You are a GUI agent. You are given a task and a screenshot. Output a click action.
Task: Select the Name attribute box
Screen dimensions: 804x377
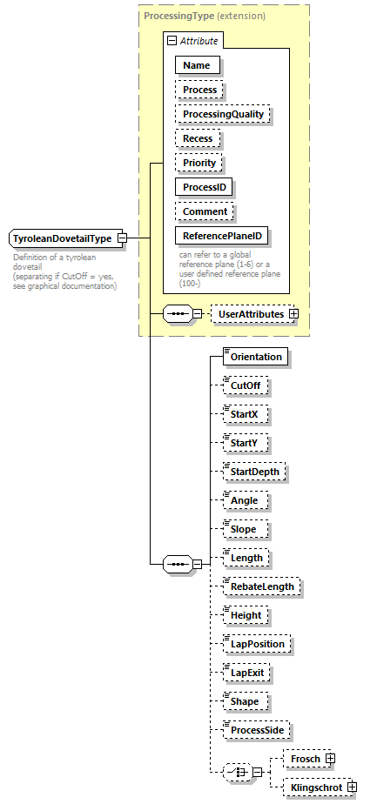coord(197,64)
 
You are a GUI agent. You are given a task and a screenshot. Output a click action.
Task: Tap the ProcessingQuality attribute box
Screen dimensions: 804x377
coord(223,114)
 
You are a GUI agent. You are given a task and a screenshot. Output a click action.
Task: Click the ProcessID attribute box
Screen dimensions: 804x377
coord(205,187)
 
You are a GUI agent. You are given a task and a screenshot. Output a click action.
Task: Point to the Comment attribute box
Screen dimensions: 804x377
coord(205,211)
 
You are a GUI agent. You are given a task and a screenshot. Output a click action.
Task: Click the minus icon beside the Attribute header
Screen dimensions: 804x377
coord(172,40)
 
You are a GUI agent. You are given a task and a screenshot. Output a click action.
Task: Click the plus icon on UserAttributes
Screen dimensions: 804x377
coord(293,314)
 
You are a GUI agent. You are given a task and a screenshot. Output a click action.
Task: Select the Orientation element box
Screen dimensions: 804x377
coord(256,356)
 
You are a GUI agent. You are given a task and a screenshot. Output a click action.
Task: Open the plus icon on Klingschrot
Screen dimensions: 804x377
coord(352,787)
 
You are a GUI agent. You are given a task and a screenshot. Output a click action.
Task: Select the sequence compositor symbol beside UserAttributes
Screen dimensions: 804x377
coord(177,314)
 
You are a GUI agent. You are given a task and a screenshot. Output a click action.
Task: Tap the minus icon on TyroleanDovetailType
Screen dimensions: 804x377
coord(123,238)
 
